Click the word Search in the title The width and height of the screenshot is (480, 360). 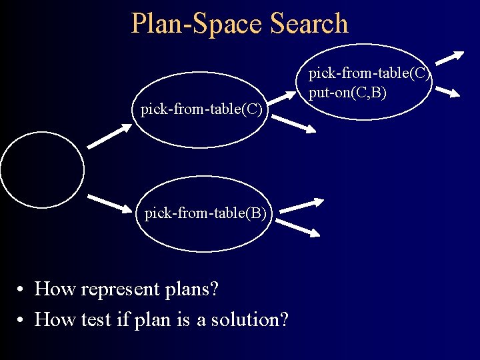309,23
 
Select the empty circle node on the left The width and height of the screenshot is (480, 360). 42,170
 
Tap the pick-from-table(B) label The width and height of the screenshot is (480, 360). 205,213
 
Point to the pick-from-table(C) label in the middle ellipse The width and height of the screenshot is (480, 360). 201,109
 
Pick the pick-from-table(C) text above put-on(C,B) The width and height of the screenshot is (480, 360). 369,74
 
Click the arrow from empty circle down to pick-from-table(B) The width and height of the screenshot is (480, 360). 111,203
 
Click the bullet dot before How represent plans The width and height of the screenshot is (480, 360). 22,290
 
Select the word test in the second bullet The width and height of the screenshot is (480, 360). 105,320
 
